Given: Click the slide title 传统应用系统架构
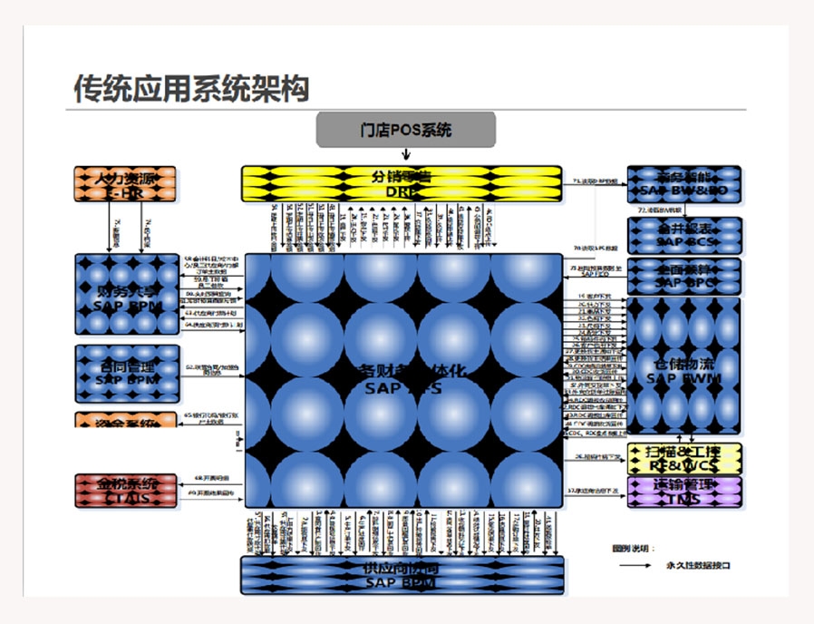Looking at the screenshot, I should pyautogui.click(x=191, y=89).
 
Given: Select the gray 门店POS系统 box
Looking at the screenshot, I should pyautogui.click(x=405, y=130).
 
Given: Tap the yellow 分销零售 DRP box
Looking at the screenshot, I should pyautogui.click(x=402, y=183).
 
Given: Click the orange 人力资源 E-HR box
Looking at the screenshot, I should pyautogui.click(x=124, y=183).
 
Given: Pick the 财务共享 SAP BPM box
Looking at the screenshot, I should pyautogui.click(x=126, y=297).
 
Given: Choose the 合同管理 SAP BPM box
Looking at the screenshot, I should pyautogui.click(x=126, y=373).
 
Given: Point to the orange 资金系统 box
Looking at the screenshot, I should pyautogui.click(x=126, y=421).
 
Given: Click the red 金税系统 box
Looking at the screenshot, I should pyautogui.click(x=126, y=491).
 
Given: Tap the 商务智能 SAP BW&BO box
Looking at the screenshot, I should pyautogui.click(x=684, y=183).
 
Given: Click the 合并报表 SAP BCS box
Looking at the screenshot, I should pyautogui.click(x=684, y=235).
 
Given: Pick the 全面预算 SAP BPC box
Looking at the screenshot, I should pyautogui.click(x=684, y=276).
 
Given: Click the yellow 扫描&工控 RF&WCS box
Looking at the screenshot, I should pyautogui.click(x=684, y=457).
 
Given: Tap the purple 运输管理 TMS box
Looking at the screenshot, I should pyautogui.click(x=684, y=492).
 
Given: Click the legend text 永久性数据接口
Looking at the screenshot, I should pyautogui.click(x=697, y=565).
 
